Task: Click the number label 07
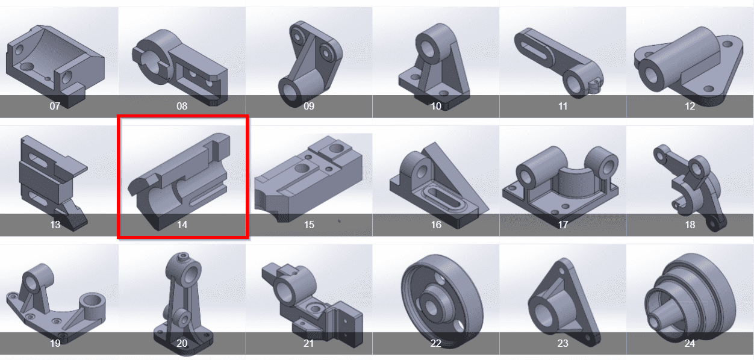point(55,107)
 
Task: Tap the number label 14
point(182,225)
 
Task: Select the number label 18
point(690,225)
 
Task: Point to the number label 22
point(435,343)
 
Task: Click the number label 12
point(690,107)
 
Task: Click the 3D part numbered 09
point(310,64)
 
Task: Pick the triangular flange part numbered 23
point(564,303)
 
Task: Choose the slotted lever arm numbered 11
point(559,62)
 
